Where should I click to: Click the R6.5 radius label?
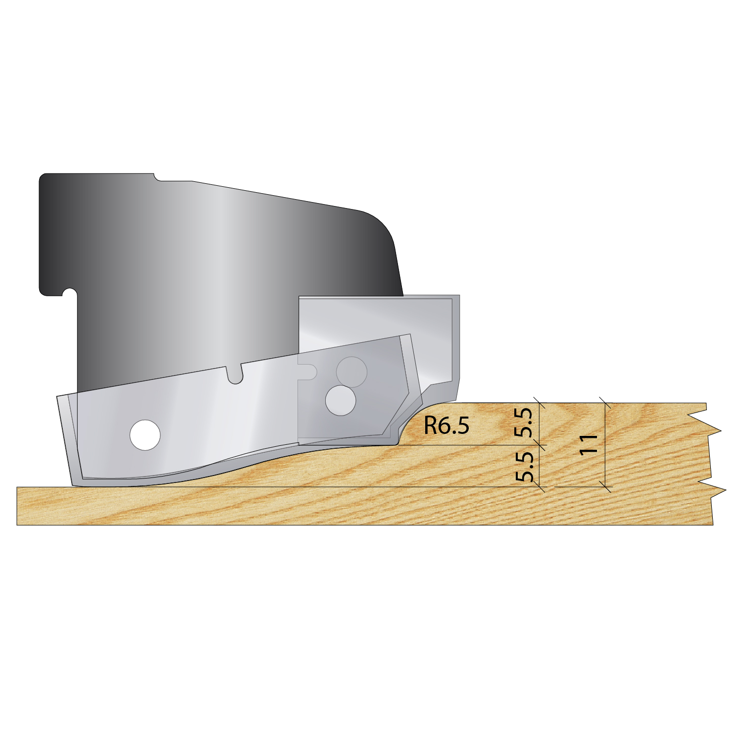pyautogui.click(x=446, y=425)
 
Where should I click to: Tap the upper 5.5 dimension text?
pyautogui.click(x=523, y=423)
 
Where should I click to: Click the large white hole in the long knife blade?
pyautogui.click(x=145, y=435)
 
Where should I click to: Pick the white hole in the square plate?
pyautogui.click(x=341, y=400)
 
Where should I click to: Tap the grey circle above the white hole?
pyautogui.click(x=351, y=372)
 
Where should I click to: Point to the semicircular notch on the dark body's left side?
pyautogui.click(x=69, y=293)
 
